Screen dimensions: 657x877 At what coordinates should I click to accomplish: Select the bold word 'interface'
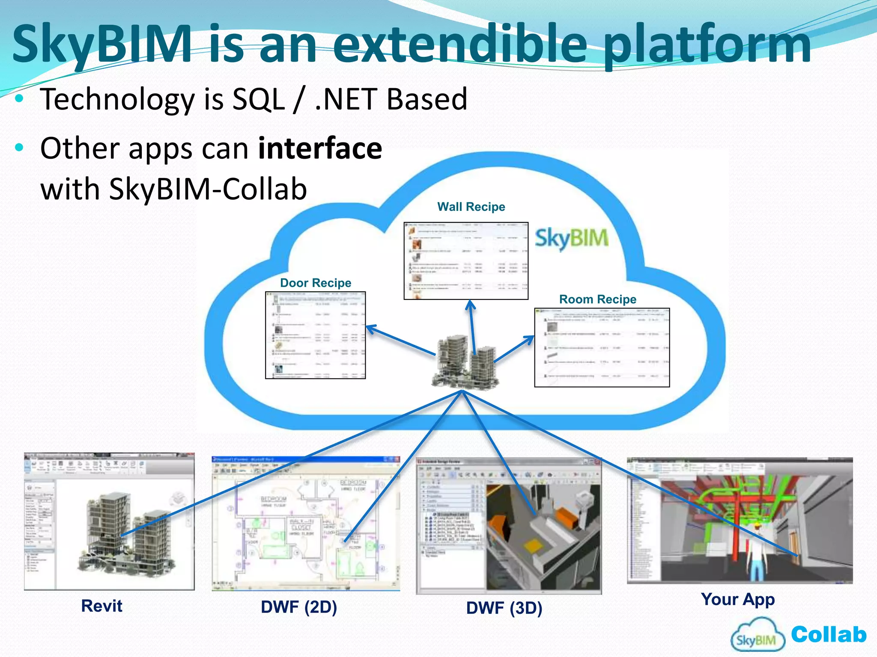point(320,148)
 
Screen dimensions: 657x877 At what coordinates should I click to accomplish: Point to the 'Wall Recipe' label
point(471,207)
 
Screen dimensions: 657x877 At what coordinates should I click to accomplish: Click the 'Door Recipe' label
point(316,283)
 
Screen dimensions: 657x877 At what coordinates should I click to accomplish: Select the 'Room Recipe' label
point(598,299)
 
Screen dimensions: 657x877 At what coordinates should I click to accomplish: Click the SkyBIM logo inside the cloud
point(572,238)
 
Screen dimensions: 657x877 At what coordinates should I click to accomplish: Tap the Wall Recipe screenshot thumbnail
point(466,260)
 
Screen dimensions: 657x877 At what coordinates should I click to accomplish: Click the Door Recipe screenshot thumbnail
point(316,335)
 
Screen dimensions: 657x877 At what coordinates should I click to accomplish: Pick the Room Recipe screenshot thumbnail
point(602,347)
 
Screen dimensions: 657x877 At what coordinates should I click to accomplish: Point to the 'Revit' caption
point(102,606)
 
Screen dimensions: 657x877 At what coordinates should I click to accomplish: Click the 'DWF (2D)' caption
point(299,607)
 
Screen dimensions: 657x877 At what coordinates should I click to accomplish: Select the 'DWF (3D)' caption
point(504,608)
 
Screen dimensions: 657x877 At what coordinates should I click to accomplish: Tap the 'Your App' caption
point(738,599)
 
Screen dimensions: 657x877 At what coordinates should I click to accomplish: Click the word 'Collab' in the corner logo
point(828,634)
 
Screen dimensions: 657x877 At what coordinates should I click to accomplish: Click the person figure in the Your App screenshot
point(757,552)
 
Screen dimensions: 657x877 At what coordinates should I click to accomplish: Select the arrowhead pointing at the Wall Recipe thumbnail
point(470,304)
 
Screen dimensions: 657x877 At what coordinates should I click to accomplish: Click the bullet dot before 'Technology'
point(19,99)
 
